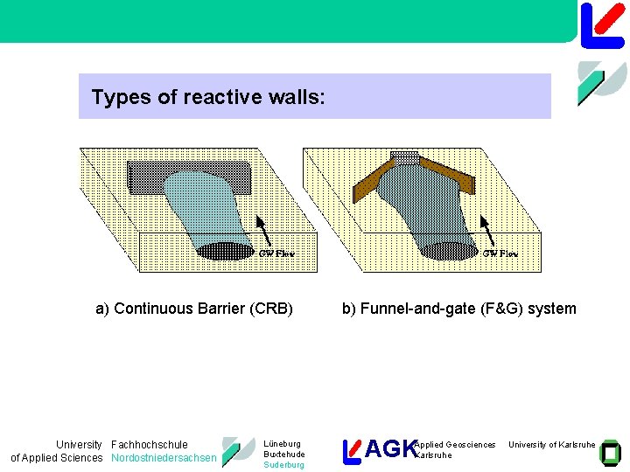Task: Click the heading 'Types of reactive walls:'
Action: pyautogui.click(x=208, y=97)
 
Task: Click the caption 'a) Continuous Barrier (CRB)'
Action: pyautogui.click(x=194, y=308)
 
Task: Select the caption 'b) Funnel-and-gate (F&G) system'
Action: pyautogui.click(x=458, y=308)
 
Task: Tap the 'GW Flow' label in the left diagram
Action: pyautogui.click(x=276, y=253)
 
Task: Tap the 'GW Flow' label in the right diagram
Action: pyautogui.click(x=500, y=253)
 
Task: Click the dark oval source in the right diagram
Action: pyautogui.click(x=448, y=250)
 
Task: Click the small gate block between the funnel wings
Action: pyautogui.click(x=404, y=157)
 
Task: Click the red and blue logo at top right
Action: pyautogui.click(x=602, y=24)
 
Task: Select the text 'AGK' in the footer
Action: pyautogui.click(x=390, y=449)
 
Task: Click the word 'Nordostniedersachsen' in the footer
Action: pyautogui.click(x=164, y=458)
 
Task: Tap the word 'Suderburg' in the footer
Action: pyautogui.click(x=283, y=465)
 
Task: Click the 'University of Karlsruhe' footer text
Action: pyautogui.click(x=551, y=445)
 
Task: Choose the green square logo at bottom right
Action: pyautogui.click(x=610, y=451)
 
